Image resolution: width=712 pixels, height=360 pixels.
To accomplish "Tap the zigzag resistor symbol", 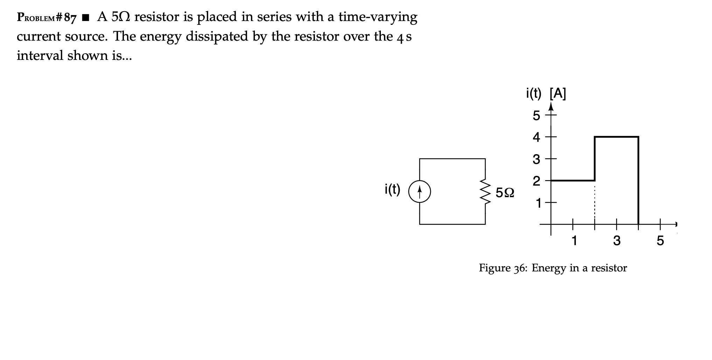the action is (485, 192).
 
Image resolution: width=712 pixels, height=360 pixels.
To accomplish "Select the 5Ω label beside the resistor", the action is (505, 192).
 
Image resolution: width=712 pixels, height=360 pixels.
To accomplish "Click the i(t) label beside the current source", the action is (392, 189).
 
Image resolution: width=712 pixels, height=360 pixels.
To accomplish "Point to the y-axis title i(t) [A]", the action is (546, 94).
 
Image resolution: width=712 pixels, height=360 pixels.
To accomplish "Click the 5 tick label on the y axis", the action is (536, 116).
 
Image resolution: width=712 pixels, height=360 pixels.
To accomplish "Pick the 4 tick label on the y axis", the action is (536, 137).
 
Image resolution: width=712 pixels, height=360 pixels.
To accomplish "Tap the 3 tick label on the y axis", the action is (536, 159).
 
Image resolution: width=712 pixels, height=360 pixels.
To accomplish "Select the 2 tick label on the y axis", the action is (536, 181).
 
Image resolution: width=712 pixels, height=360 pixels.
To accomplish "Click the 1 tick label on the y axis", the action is (537, 203).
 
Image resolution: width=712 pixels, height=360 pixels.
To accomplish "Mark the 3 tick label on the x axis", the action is (616, 241).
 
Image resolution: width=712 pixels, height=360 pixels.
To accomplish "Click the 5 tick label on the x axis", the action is (660, 241).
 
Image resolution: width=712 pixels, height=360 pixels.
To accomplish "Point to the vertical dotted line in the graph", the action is (594, 202).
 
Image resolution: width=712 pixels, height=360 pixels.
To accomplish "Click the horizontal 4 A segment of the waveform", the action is (616, 137).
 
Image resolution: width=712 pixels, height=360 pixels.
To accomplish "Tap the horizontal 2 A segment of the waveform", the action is (573, 180).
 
